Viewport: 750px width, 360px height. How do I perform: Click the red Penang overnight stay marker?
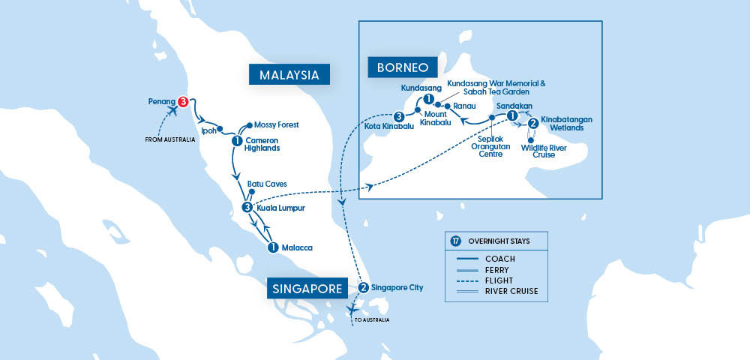click(x=182, y=101)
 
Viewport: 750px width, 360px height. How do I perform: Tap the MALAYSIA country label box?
click(x=289, y=74)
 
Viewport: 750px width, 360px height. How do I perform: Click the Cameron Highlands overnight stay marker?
click(x=237, y=140)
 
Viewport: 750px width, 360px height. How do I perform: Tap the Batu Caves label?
click(x=268, y=183)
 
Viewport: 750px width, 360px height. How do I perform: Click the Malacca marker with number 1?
click(x=273, y=247)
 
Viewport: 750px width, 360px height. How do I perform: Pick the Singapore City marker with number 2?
click(x=363, y=287)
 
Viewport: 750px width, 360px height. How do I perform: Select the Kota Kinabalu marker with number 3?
click(x=399, y=116)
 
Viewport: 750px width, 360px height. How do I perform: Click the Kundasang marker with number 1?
click(x=428, y=99)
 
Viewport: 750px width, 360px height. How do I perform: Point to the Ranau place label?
click(x=466, y=107)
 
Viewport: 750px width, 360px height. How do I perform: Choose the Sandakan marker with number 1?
click(x=512, y=116)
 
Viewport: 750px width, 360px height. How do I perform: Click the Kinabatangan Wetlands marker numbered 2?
click(x=532, y=123)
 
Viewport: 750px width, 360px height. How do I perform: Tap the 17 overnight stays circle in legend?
click(x=456, y=241)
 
